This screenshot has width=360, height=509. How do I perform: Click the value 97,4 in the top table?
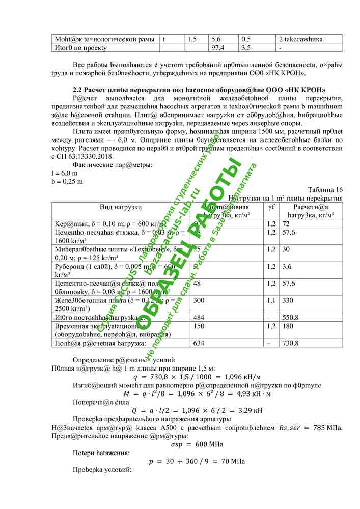pyautogui.click(x=217, y=47)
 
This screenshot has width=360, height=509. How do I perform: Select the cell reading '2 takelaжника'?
pyautogui.click(x=300, y=39)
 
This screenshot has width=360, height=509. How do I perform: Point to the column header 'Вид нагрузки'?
pyautogui.click(x=121, y=207)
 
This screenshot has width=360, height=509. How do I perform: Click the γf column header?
pyautogui.click(x=271, y=207)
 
